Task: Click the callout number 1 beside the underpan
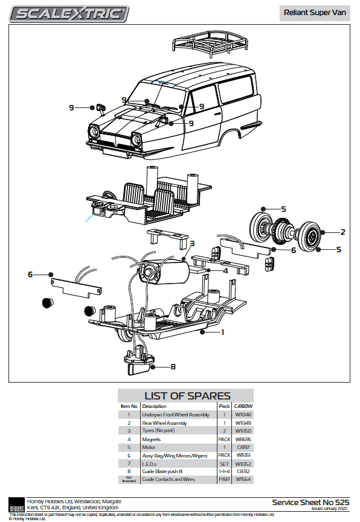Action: pyautogui.click(x=222, y=332)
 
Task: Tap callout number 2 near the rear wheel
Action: pyautogui.click(x=342, y=232)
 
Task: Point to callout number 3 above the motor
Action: pyautogui.click(x=191, y=244)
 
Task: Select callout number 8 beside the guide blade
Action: pyautogui.click(x=173, y=366)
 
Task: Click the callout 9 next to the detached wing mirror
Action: pyautogui.click(x=71, y=107)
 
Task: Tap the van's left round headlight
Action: pyautogui.click(x=94, y=132)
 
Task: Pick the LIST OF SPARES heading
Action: pyautogui.click(x=187, y=396)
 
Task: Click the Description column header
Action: pyautogui.click(x=154, y=407)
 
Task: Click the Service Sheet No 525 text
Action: pyautogui.click(x=310, y=502)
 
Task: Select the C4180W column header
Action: pyautogui.click(x=243, y=407)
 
